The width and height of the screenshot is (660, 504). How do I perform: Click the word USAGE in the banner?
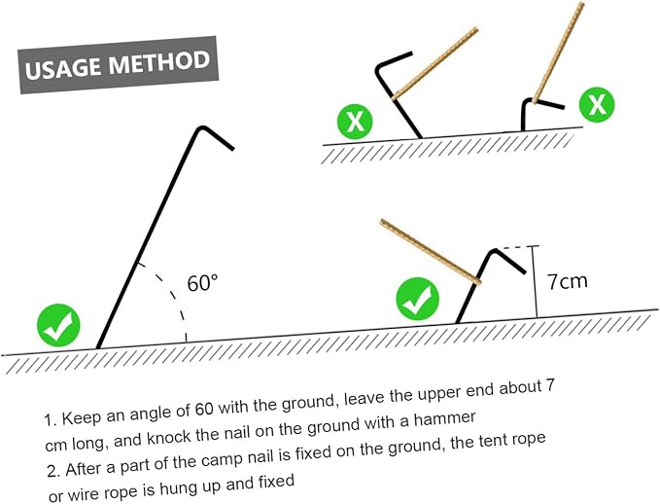[x=62, y=68]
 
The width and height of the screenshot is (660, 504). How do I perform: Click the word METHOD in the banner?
[x=159, y=61]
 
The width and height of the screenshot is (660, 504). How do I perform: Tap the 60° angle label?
[x=203, y=283]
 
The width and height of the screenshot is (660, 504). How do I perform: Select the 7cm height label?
[x=567, y=281]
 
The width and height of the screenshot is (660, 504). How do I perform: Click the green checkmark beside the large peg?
[x=58, y=325]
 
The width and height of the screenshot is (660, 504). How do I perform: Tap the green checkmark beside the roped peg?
[x=418, y=299]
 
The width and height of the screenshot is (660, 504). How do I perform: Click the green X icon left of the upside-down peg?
[x=355, y=122]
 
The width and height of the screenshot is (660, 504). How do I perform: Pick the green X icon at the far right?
[x=597, y=104]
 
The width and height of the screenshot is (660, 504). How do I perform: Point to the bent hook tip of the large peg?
[x=232, y=148]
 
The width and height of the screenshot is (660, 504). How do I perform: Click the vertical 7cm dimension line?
[x=536, y=281]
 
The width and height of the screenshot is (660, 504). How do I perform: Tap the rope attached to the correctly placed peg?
[x=431, y=252]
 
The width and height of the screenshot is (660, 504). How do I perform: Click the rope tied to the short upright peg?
[x=558, y=53]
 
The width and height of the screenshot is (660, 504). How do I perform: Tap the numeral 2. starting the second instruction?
[x=53, y=471]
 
